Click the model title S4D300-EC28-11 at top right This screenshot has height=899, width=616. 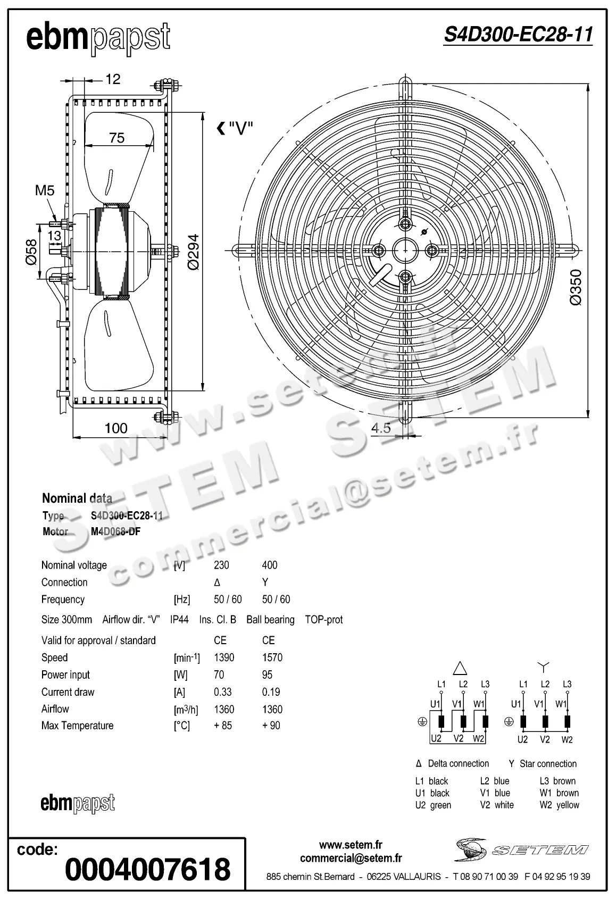pyautogui.click(x=518, y=35)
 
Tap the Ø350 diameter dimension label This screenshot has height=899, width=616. pyautogui.click(x=576, y=287)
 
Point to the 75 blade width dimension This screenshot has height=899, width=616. pyautogui.click(x=116, y=138)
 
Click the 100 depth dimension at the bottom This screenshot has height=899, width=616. pyautogui.click(x=116, y=428)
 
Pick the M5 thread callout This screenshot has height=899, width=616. pyautogui.click(x=45, y=190)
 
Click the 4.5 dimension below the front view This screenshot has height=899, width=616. pyautogui.click(x=381, y=428)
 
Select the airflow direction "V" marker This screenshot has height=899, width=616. pyautogui.click(x=235, y=128)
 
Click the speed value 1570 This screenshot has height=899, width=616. pyautogui.click(x=272, y=657)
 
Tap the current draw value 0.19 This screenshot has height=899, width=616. pyautogui.click(x=271, y=692)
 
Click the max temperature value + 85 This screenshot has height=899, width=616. pyautogui.click(x=223, y=726)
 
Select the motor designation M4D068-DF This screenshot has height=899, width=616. pyautogui.click(x=115, y=531)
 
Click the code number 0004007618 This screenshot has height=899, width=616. pyautogui.click(x=147, y=869)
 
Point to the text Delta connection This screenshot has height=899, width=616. pyautogui.click(x=458, y=764)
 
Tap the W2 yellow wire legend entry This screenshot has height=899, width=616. pyautogui.click(x=559, y=805)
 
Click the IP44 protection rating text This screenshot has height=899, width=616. pyautogui.click(x=179, y=620)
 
